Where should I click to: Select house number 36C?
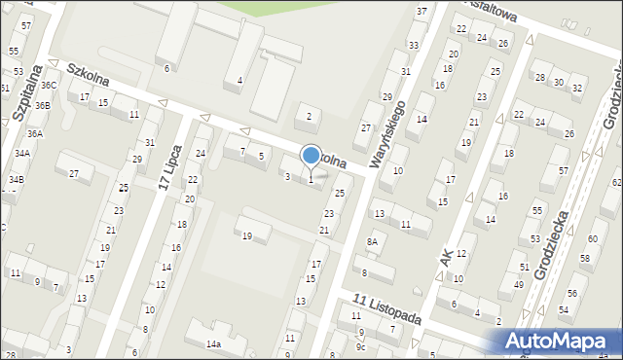pos(49,86)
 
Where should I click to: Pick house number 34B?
pos(17,180)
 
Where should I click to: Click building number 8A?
pos(371,241)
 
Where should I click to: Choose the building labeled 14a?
pos(213,343)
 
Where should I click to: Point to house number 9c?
pos(360,346)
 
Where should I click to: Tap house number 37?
pos(421,11)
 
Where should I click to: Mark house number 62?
pos(616,182)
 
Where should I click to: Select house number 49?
pos(517,283)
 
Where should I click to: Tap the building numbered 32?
pos(576,89)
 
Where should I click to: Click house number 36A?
pos(34,134)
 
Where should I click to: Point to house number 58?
pos(585,258)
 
